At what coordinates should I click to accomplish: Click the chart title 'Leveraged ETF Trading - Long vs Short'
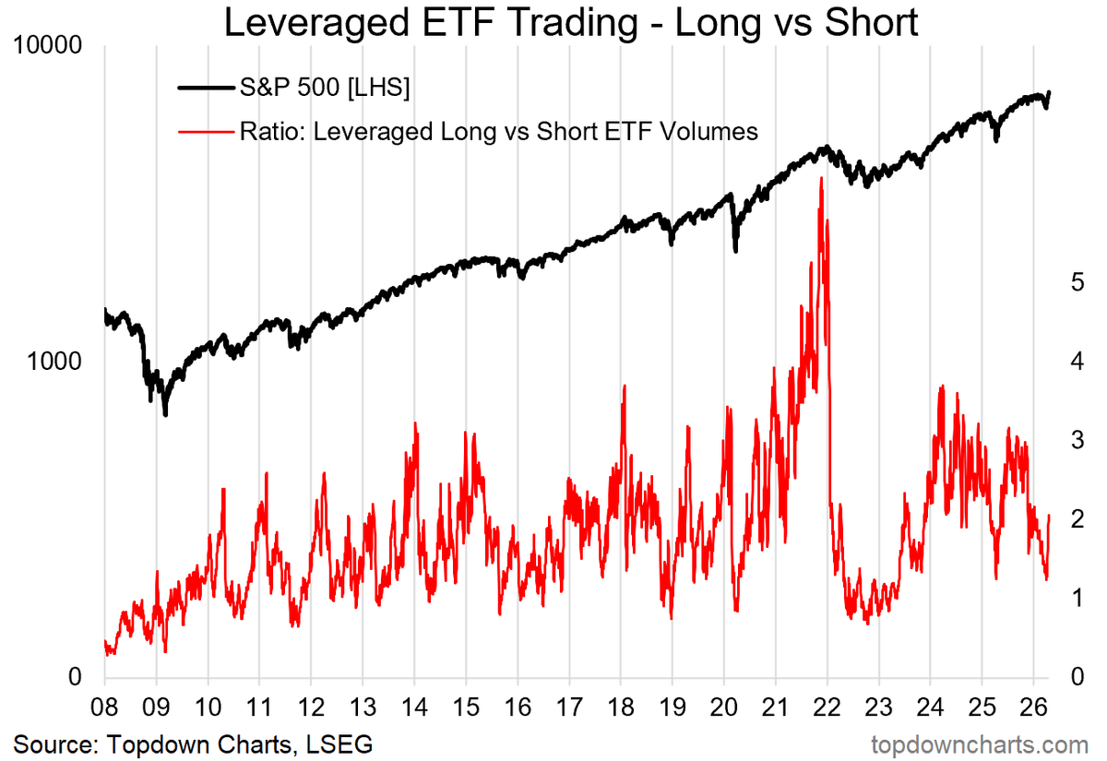point(571,23)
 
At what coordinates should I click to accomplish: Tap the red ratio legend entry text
point(498,132)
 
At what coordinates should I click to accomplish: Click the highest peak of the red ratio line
point(820,178)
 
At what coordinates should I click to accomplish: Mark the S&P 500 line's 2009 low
point(165,414)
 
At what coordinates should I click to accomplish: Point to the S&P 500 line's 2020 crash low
point(735,250)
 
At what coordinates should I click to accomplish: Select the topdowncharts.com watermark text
point(980,743)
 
